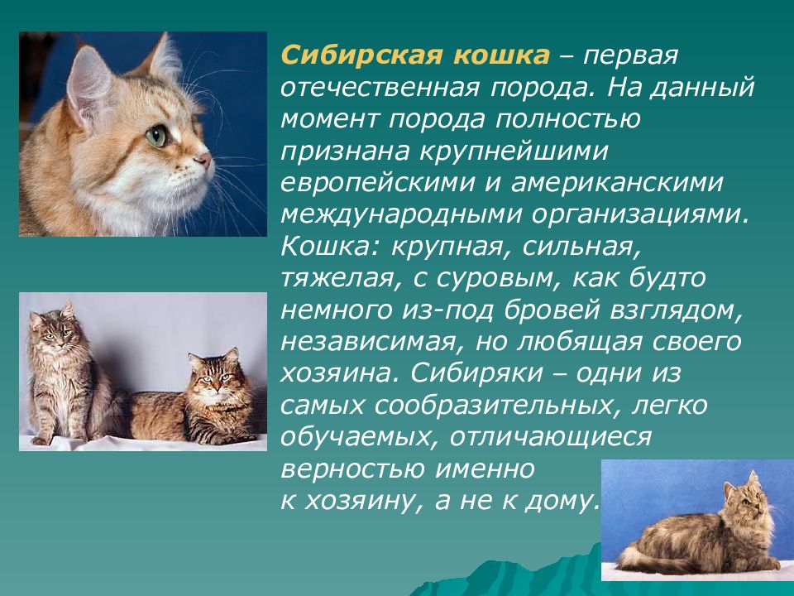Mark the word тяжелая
[x=332, y=278]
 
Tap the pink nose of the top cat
[x=203, y=156]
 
